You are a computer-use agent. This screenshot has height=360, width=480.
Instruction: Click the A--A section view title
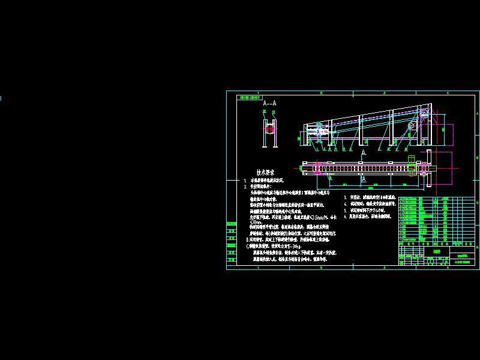[269, 103]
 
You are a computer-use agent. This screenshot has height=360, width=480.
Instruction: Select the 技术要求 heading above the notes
[265, 172]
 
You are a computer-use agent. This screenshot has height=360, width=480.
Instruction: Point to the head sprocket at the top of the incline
[412, 125]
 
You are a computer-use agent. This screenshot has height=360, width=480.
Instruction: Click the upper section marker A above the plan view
[364, 154]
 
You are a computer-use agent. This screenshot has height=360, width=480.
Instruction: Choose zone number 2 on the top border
[321, 93]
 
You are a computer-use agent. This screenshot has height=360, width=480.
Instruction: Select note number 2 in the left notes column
[245, 187]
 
